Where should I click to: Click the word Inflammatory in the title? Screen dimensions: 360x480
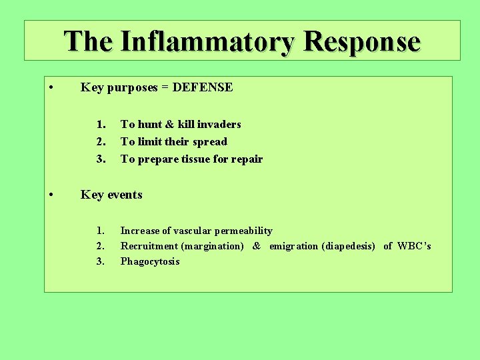(207, 41)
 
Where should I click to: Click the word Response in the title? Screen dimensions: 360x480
(361, 41)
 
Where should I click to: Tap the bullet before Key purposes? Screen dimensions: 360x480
(51, 88)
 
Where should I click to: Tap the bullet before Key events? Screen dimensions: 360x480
(51, 195)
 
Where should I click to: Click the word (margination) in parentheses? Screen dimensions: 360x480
(212, 246)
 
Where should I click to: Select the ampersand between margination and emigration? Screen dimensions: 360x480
(257, 246)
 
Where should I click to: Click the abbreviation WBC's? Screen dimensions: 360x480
(414, 246)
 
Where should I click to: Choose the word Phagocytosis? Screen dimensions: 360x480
(150, 261)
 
